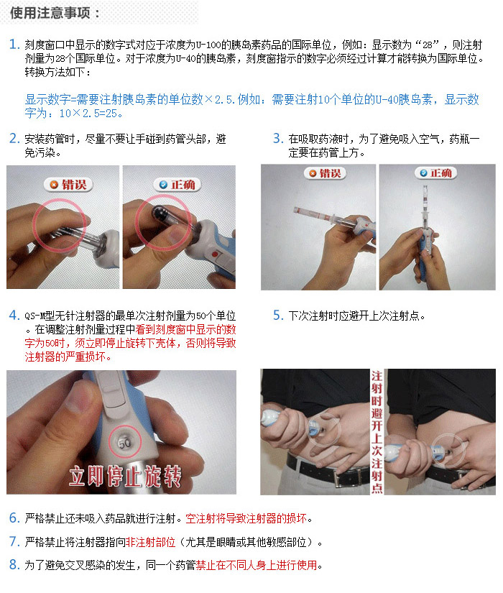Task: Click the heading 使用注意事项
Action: tap(50, 13)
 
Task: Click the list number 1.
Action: tap(14, 45)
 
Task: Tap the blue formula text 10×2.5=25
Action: tap(91, 113)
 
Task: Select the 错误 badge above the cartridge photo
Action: tap(68, 185)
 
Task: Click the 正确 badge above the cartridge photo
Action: tap(177, 185)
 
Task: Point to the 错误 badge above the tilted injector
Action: tap(325, 173)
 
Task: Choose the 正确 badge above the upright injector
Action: tap(435, 173)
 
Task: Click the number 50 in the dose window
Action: tap(125, 443)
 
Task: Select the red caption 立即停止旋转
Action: tap(125, 477)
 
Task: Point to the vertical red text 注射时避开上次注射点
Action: tap(377, 431)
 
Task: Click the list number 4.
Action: tap(14, 315)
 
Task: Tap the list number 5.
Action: tap(278, 315)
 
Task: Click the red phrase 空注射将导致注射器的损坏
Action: tap(246, 518)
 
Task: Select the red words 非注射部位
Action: tap(150, 542)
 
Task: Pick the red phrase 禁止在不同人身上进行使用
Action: tap(257, 565)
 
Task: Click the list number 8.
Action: tap(14, 565)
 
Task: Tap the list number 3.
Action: tap(278, 139)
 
